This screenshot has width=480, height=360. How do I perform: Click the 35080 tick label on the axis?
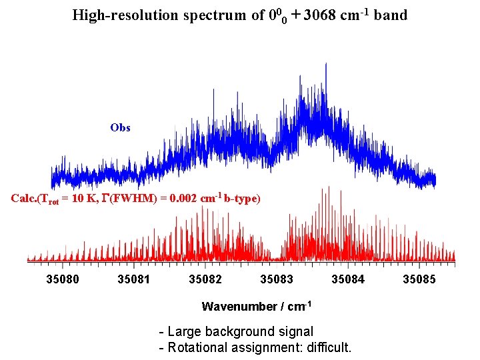click(62, 279)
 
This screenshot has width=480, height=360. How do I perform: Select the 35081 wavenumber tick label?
click(133, 279)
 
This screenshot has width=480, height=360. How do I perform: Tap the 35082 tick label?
click(205, 279)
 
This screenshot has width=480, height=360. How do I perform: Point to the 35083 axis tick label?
click(276, 279)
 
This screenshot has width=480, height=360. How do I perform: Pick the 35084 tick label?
click(348, 279)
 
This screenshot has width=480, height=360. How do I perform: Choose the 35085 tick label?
click(419, 279)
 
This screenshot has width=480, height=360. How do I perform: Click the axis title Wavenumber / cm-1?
click(257, 307)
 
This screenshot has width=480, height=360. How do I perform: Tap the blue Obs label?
click(120, 127)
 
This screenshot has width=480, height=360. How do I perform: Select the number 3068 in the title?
click(319, 15)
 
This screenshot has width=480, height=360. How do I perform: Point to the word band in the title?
click(391, 15)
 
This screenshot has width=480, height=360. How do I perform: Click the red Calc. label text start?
click(24, 199)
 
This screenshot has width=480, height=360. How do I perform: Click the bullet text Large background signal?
click(240, 331)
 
